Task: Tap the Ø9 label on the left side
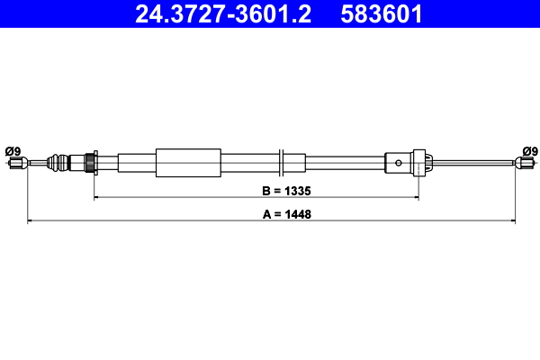pyautogui.click(x=13, y=150)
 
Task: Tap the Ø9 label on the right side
pyautogui.click(x=529, y=150)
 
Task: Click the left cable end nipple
pyautogui.click(x=14, y=163)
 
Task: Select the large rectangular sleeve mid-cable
pyautogui.click(x=188, y=163)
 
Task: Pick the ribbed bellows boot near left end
pyautogui.click(x=58, y=163)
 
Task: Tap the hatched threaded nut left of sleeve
pyautogui.click(x=90, y=163)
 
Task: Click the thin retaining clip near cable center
pyautogui.click(x=283, y=163)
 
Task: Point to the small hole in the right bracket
pyautogui.click(x=399, y=163)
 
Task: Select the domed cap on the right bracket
pyautogui.click(x=427, y=163)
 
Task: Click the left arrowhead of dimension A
pyautogui.click(x=31, y=220)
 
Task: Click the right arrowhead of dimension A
pyautogui.click(x=512, y=220)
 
